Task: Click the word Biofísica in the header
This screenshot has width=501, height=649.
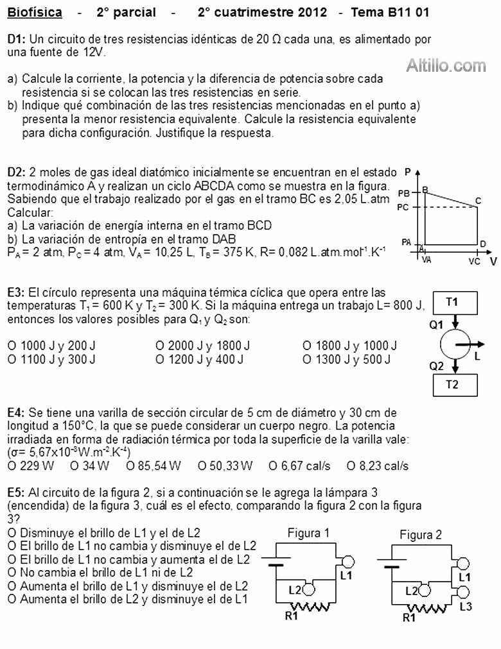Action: point(35,12)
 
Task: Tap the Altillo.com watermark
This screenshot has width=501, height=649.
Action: point(446,65)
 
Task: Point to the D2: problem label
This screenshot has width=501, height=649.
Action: point(16,173)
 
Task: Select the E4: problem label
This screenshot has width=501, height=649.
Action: point(16,412)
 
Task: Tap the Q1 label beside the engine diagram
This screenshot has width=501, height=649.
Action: point(437,325)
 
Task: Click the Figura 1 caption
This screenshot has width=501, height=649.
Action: point(308,532)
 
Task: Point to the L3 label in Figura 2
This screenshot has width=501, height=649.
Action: point(466,607)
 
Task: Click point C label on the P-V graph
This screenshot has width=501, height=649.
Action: point(478,201)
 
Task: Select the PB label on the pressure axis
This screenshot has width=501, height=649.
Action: point(404,192)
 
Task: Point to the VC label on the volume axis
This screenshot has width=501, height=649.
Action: point(474,262)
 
